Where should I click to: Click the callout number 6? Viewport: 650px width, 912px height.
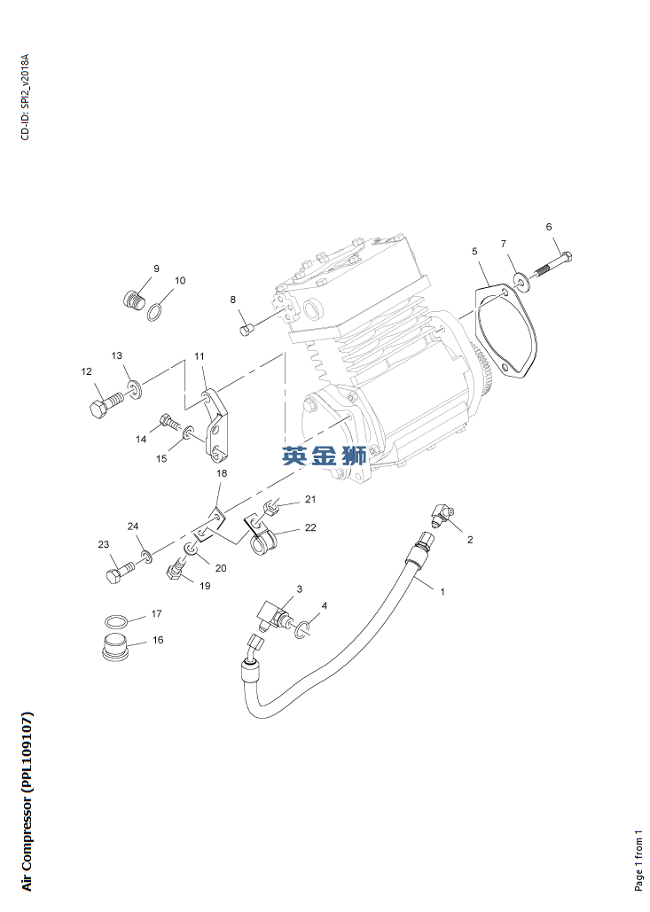click(549, 227)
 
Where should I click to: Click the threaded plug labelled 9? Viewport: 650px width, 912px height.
click(135, 300)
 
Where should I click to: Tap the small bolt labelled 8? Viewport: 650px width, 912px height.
click(247, 329)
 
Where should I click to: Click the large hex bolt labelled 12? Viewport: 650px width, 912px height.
click(107, 404)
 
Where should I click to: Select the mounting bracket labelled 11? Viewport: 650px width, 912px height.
click(214, 425)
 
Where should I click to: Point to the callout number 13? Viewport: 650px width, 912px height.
click(117, 355)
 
